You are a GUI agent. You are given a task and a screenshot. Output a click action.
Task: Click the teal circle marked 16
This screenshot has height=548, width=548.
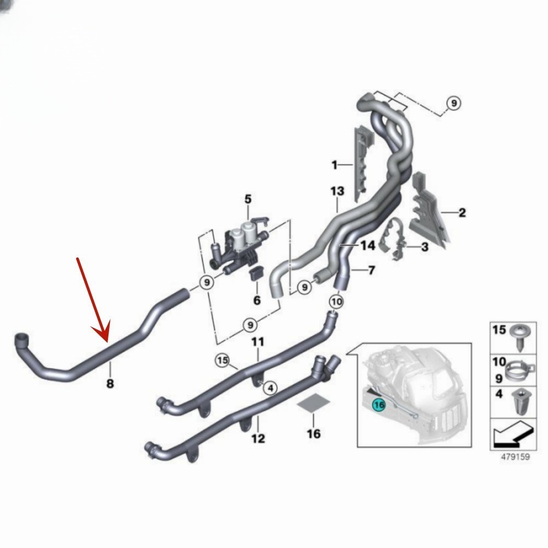tap(379, 405)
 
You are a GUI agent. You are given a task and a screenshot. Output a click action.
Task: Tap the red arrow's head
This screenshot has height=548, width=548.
tap(102, 332)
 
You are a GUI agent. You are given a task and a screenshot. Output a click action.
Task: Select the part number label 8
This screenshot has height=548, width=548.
tap(110, 384)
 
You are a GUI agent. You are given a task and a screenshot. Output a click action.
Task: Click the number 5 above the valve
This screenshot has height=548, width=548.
tap(248, 199)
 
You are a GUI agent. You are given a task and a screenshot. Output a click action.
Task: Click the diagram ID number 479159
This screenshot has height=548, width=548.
tap(516, 457)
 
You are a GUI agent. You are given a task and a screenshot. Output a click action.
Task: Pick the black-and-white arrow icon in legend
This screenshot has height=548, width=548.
tap(513, 435)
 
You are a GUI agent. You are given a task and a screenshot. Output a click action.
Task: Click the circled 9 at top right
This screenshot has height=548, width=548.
tap(454, 103)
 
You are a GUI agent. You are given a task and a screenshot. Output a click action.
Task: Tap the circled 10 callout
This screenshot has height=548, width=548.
tap(336, 301)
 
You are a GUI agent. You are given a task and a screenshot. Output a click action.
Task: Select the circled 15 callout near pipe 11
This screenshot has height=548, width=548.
tap(223, 360)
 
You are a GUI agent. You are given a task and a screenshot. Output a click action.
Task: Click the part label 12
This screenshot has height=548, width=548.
tap(258, 438)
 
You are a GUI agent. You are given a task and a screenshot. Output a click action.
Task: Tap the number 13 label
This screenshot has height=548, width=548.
tap(337, 191)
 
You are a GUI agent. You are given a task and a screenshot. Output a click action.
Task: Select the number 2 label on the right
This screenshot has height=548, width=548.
tap(462, 213)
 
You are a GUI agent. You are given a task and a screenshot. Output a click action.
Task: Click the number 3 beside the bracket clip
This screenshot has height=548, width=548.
tap(425, 247)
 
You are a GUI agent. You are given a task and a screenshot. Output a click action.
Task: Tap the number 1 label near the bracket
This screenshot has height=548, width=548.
tap(334, 164)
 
